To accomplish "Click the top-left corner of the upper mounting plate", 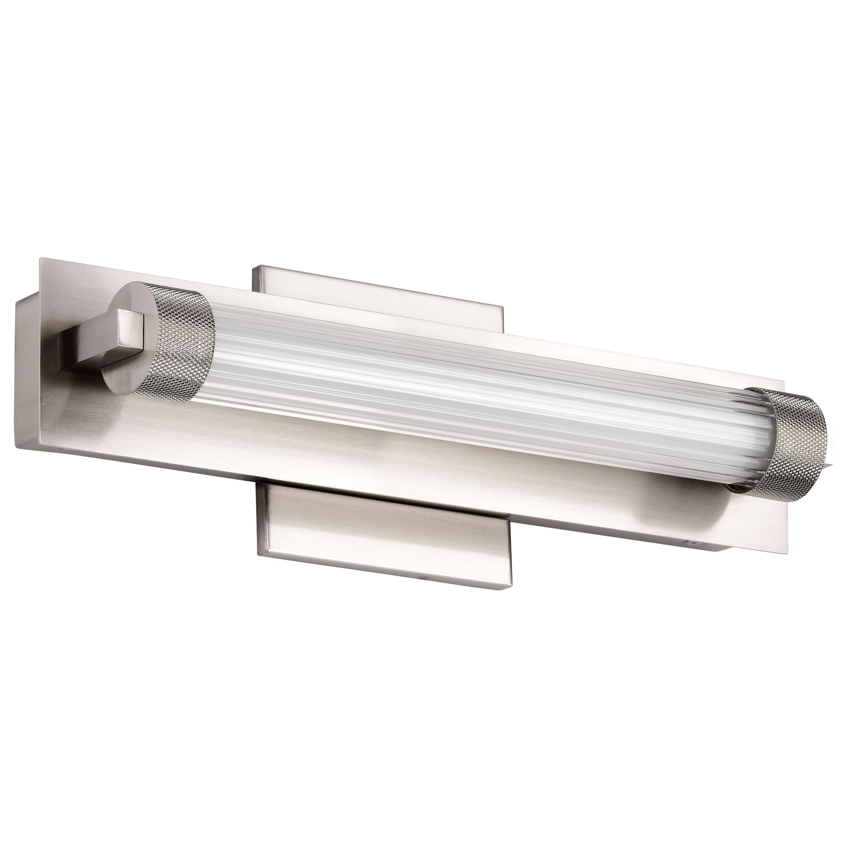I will [253, 265].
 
